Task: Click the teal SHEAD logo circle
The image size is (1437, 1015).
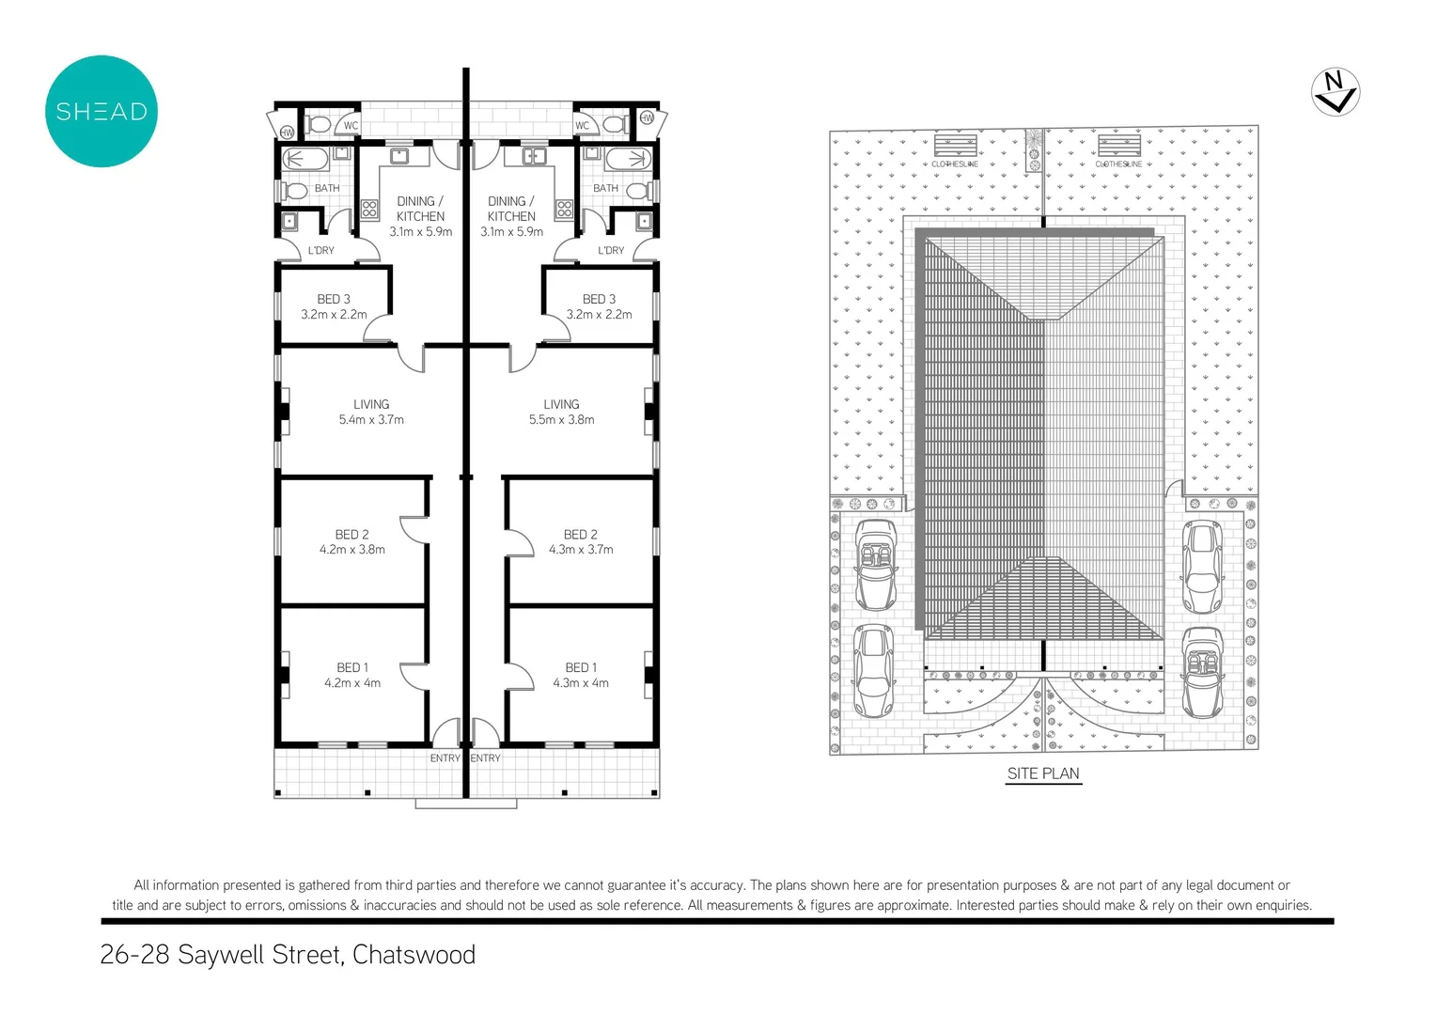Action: tap(102, 111)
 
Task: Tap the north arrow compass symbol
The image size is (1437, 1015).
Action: tap(1335, 92)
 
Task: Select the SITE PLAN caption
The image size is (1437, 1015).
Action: tap(1043, 773)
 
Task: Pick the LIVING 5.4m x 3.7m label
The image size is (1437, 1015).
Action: tap(371, 412)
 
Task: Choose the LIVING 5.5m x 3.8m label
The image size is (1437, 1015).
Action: tap(561, 412)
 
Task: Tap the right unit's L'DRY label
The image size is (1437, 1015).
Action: tap(611, 250)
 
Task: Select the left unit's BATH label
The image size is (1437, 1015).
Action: tap(327, 188)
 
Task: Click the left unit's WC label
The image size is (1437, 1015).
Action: tap(351, 125)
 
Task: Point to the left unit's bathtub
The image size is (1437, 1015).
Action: tap(305, 159)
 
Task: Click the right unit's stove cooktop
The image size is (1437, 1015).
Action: tap(564, 209)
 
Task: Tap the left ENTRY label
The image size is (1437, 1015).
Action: tap(445, 758)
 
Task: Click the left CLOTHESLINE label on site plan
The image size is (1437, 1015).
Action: tap(955, 164)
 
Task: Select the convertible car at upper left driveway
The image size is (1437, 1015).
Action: tap(876, 564)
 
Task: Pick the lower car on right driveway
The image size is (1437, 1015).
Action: tap(1203, 672)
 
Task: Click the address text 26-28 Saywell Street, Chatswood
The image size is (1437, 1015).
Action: tap(288, 955)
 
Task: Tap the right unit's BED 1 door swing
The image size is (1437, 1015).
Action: tap(518, 676)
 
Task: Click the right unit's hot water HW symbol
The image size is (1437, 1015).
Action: tap(647, 118)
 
